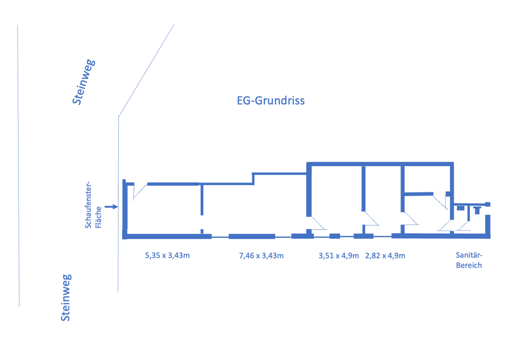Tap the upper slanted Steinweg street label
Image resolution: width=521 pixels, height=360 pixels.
click(84, 81)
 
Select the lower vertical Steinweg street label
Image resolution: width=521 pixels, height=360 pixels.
click(66, 298)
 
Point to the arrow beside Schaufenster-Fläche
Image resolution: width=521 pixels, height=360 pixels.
click(111, 207)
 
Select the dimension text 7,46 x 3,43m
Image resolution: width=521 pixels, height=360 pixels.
click(261, 255)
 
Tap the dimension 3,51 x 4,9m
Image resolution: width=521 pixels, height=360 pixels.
click(339, 255)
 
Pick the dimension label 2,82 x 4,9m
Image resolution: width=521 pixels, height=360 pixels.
click(385, 255)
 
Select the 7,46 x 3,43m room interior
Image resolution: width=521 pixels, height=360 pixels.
click(255, 209)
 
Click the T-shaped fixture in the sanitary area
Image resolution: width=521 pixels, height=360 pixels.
click(477, 210)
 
